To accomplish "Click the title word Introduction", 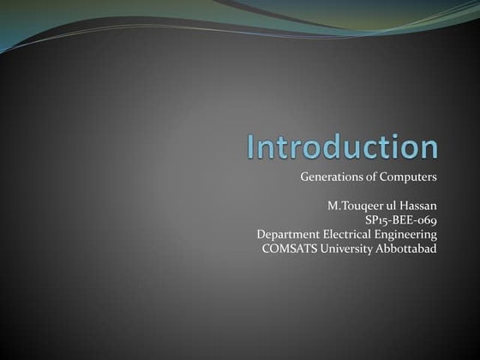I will [342, 147].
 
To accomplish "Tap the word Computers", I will [411, 177].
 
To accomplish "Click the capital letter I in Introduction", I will [251, 147].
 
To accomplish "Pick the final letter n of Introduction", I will [428, 148].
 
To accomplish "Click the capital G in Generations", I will [305, 177].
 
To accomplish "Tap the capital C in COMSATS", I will [267, 249].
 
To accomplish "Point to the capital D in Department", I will [261, 234].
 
